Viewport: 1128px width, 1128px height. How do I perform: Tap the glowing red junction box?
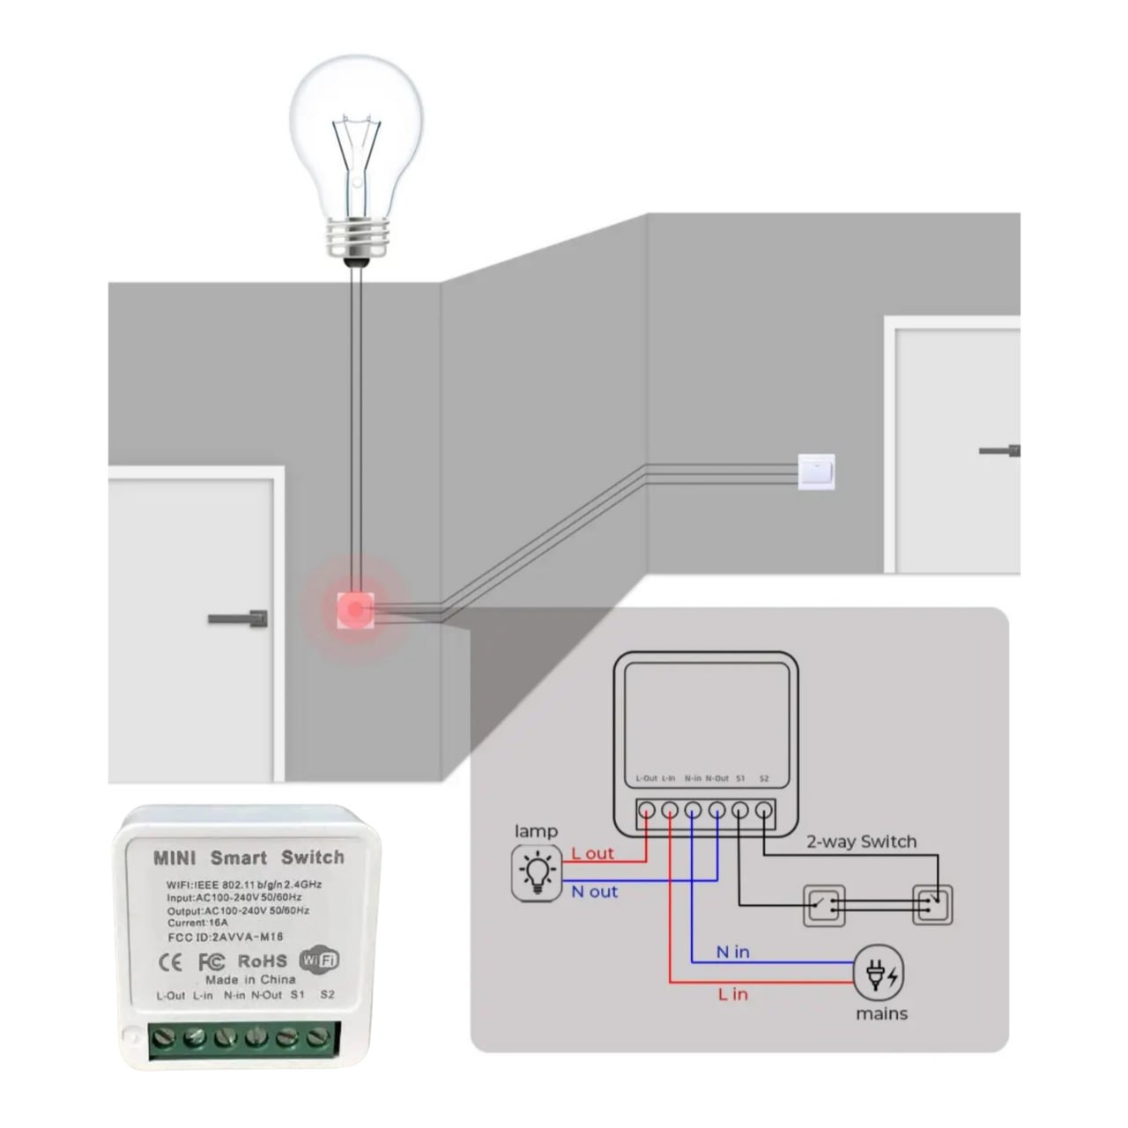356,610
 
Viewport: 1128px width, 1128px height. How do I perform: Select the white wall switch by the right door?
815,471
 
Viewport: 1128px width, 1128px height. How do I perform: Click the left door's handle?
239,619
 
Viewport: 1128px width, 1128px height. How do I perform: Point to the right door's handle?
1001,451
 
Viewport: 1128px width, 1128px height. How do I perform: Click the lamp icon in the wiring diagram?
537,873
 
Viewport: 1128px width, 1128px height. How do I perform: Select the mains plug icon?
879,976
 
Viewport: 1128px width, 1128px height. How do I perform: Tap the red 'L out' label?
592,853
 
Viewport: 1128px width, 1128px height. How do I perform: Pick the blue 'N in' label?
732,952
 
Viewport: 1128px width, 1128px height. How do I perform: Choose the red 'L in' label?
732,994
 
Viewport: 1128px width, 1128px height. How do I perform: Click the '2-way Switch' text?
861,842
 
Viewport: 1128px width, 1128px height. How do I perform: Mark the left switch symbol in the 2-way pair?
825,905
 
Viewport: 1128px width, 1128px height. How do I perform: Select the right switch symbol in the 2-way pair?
932,904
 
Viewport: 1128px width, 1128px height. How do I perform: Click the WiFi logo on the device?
319,960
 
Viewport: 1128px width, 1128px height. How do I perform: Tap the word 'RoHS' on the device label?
262,961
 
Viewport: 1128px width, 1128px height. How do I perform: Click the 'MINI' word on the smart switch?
174,857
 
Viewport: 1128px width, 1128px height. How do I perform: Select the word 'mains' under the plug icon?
881,1014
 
